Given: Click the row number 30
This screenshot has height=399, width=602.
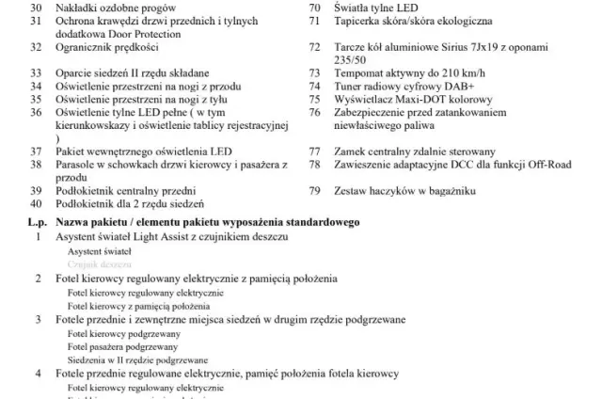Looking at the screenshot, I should [37, 6].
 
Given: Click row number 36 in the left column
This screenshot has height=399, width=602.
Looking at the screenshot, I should [37, 111].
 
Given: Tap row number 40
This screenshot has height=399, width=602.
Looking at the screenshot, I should [37, 203].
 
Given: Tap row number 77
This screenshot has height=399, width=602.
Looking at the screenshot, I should [315, 151].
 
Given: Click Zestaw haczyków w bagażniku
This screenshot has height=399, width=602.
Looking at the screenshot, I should [405, 190].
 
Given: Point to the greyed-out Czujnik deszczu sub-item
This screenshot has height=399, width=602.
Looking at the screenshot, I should [99, 264].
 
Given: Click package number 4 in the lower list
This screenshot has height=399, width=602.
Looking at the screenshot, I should [39, 373].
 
